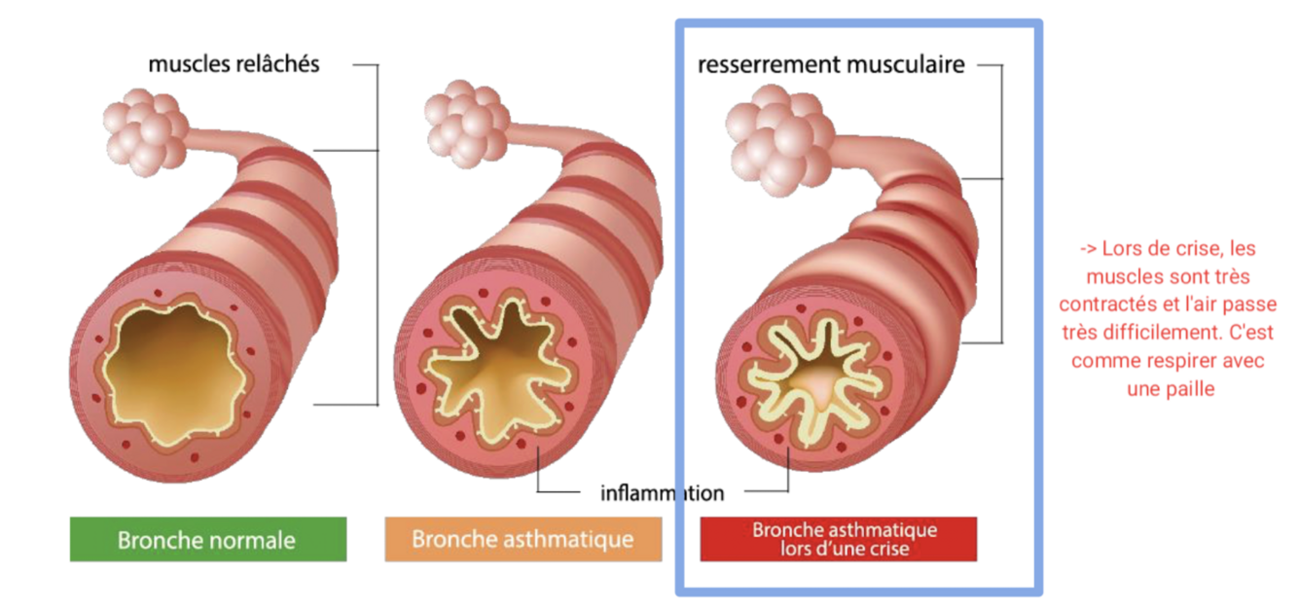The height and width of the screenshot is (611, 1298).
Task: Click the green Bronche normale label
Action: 207,539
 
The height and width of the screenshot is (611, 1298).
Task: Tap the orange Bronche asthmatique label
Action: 523,539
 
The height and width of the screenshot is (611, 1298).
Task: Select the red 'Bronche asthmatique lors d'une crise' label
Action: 838,539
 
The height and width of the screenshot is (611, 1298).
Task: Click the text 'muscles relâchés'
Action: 234,64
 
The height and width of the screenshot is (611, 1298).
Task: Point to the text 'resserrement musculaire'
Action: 831,65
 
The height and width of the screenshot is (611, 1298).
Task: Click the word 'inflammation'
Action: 662,493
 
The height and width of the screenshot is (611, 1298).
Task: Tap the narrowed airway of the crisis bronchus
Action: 812,375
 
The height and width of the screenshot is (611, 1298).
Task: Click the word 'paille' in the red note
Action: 1191,388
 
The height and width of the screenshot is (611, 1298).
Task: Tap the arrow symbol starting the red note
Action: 1081,249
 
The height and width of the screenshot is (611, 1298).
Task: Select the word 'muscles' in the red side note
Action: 1118,277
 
